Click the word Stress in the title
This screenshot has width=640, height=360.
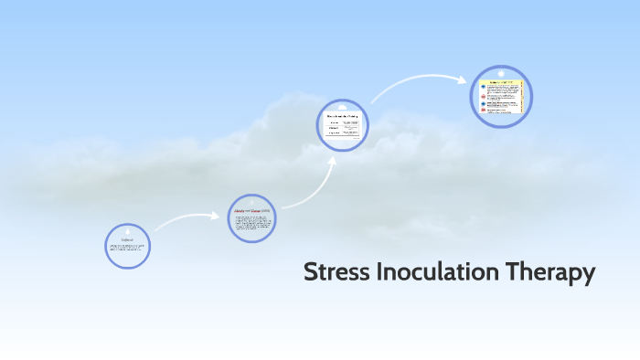(336, 273)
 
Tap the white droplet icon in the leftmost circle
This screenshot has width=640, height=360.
(128, 230)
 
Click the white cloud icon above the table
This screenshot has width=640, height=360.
(343, 107)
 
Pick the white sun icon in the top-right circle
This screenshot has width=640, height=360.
(501, 73)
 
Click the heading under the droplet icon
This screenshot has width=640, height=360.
(128, 240)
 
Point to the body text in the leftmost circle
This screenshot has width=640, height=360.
(127, 249)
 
